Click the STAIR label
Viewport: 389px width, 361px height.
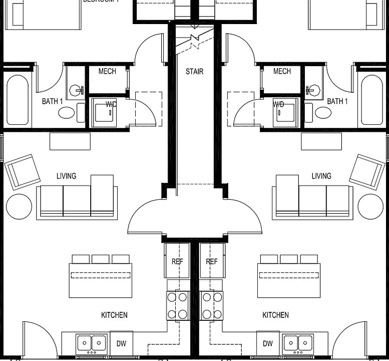194,72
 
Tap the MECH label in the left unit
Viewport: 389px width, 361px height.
107,71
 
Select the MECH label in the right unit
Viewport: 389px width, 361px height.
282,71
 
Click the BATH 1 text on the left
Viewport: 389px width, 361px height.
52,101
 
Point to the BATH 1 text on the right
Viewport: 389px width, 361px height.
337,101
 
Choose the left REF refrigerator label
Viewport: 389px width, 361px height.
177,261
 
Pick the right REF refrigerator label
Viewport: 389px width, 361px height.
212,261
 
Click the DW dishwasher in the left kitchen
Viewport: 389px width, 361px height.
121,343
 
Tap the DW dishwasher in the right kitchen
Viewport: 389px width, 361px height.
268,343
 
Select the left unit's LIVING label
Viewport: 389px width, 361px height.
66,176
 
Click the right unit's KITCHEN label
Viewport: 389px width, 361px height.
275,315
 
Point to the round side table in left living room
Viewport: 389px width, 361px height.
19,207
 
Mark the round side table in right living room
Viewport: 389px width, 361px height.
370,207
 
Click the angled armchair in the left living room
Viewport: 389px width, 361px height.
23,171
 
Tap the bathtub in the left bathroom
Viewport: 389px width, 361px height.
18,100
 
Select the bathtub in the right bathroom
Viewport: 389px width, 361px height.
371,100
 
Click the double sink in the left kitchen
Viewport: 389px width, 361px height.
92,343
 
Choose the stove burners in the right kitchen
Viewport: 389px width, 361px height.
212,305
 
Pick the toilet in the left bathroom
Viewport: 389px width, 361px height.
67,112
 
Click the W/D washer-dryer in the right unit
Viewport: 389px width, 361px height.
284,112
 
